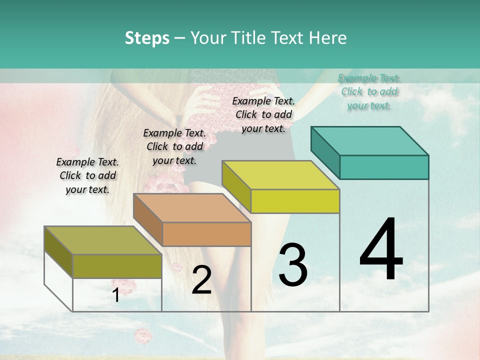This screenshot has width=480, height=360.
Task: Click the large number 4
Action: (x=381, y=250)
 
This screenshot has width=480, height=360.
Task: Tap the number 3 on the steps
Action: (x=293, y=265)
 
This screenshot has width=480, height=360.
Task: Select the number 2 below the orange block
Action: (x=201, y=280)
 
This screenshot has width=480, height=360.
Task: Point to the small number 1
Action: (x=116, y=295)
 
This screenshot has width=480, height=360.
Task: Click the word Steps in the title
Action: (x=147, y=38)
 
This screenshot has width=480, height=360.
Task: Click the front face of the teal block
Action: (x=384, y=167)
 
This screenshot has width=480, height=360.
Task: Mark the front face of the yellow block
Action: (x=295, y=201)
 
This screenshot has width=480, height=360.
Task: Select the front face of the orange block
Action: (x=206, y=234)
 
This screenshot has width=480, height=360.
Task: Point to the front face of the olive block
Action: (x=117, y=266)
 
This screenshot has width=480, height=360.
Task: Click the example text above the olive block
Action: (x=87, y=175)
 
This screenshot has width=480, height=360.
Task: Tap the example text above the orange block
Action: (x=174, y=146)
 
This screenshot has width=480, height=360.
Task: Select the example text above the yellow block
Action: (x=263, y=114)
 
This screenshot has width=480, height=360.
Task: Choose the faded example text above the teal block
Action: (x=369, y=91)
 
